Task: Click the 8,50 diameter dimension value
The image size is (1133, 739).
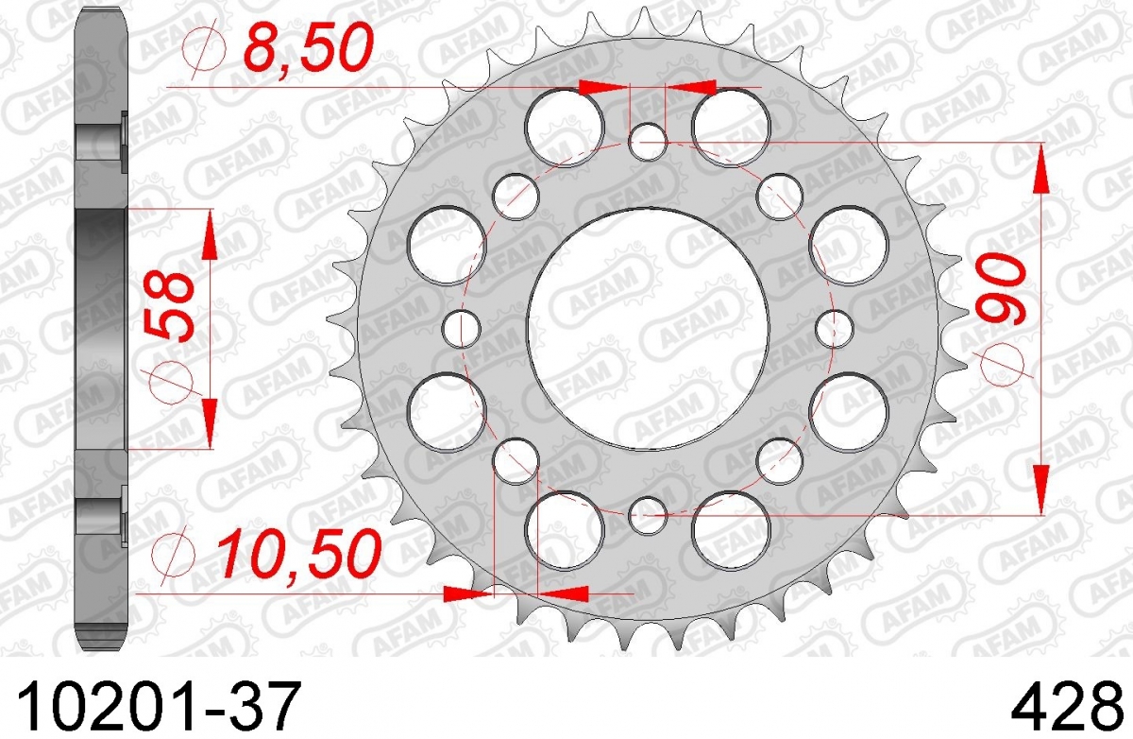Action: pyautogui.click(x=308, y=48)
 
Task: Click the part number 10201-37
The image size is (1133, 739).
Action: pyautogui.click(x=158, y=705)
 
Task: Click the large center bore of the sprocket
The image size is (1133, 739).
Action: pyautogui.click(x=648, y=329)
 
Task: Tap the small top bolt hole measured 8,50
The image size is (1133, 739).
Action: pyautogui.click(x=648, y=141)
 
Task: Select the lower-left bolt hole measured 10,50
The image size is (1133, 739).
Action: pyautogui.click(x=516, y=461)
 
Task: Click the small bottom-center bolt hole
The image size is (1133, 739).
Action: pyautogui.click(x=648, y=516)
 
